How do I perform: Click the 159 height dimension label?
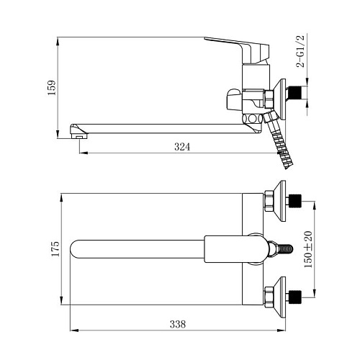click(x=52, y=88)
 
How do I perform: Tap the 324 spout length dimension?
click(x=182, y=147)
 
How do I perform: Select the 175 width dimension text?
click(x=55, y=249)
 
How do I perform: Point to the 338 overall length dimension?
click(x=178, y=324)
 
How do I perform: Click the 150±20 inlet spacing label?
click(x=308, y=249)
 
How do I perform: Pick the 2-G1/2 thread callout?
click(x=300, y=51)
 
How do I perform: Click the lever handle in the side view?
click(x=237, y=50)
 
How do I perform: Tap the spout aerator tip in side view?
click(x=78, y=131)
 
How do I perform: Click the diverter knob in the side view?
click(x=233, y=101)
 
